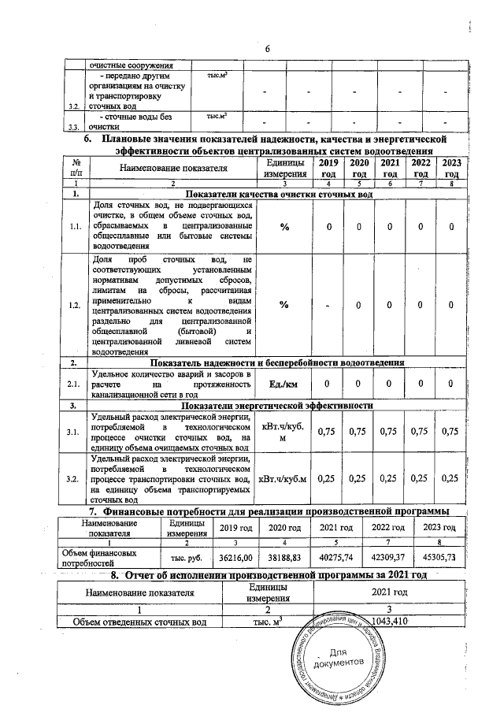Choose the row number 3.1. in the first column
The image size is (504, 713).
(76, 432)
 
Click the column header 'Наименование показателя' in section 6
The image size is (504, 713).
(174, 168)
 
